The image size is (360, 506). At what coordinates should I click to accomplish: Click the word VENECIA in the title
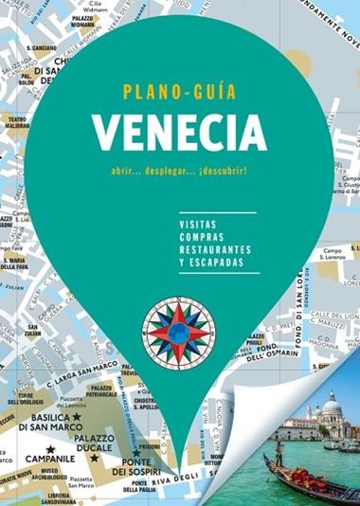(179, 130)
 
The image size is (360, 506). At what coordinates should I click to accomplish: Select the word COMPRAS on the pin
(197, 236)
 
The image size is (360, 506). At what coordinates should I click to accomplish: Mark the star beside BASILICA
(77, 416)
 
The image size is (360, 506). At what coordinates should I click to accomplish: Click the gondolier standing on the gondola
(279, 452)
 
